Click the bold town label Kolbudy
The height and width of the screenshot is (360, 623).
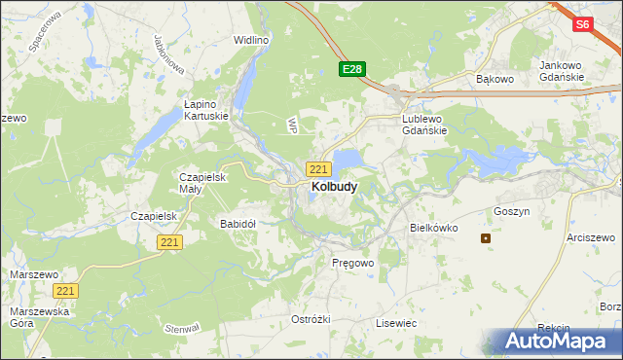coord(333,186)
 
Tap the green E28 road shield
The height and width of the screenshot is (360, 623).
coord(352,69)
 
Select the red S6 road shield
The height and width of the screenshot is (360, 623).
coord(583,25)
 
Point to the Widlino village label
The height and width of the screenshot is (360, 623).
coord(250,40)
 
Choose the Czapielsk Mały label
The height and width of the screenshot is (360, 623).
coord(202,183)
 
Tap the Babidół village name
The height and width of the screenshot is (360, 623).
coord(238,224)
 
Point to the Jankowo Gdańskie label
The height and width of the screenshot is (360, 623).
coord(561,71)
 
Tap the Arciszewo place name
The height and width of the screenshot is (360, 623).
coord(594,237)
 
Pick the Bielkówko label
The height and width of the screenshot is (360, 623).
coord(431,227)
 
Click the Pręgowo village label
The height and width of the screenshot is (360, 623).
coord(352,263)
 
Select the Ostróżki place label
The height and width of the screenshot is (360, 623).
coord(311,319)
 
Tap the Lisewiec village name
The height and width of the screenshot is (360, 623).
coord(396,322)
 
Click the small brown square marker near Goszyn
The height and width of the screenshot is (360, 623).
coord(486,238)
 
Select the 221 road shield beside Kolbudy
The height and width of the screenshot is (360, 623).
coord(318,168)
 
